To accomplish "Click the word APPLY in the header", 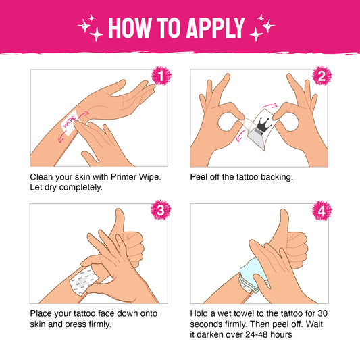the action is (x=215, y=28).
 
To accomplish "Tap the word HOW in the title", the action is (x=130, y=28).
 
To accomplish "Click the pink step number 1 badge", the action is (x=161, y=76).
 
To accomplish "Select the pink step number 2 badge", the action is (x=322, y=76).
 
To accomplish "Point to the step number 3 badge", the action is (x=161, y=209).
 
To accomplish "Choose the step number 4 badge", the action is (x=322, y=210).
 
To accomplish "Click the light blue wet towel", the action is (x=253, y=275).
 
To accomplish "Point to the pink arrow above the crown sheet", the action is (x=270, y=105).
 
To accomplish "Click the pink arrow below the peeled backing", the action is (x=241, y=136).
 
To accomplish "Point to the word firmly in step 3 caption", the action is (x=100, y=324).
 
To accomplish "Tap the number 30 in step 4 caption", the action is (x=322, y=313).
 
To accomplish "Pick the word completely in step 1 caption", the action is (x=80, y=188).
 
